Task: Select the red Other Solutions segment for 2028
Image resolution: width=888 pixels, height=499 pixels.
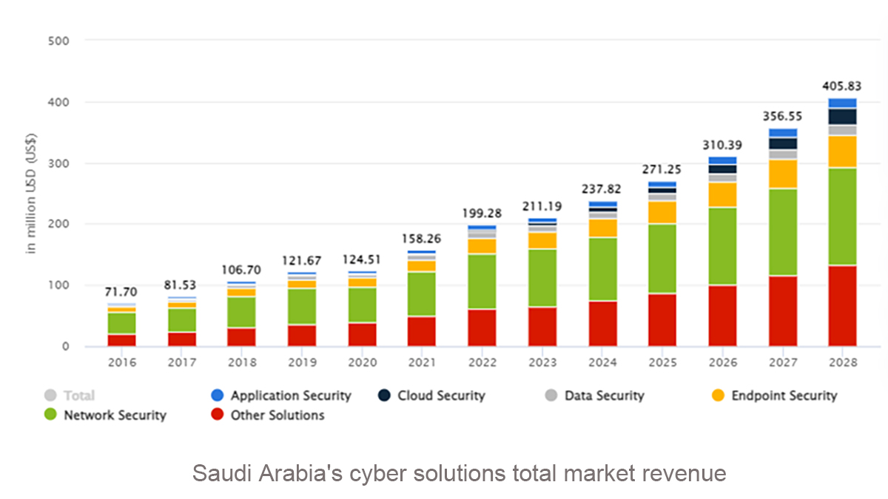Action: click(842, 305)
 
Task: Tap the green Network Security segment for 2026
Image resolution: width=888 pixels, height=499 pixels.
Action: click(722, 245)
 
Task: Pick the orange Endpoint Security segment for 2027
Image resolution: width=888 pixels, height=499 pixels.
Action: click(782, 174)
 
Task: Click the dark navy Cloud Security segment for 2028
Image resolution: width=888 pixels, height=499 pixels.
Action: click(842, 116)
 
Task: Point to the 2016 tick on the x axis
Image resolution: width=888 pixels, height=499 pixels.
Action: click(121, 362)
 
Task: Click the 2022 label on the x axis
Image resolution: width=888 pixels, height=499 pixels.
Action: click(482, 362)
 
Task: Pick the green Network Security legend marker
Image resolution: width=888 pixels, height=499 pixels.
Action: click(50, 415)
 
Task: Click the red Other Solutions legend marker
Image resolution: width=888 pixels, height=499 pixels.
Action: click(217, 415)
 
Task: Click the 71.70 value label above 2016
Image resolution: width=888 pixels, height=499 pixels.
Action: click(121, 292)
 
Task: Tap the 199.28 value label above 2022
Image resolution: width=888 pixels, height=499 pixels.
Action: click(482, 214)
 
